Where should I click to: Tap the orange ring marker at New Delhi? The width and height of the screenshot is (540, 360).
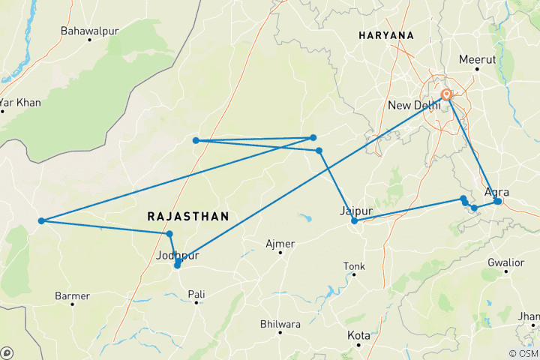(x=447, y=94)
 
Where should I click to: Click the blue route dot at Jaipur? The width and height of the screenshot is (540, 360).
(x=354, y=220)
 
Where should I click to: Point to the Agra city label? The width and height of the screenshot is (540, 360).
(x=497, y=192)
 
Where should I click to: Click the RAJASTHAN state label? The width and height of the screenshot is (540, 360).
(x=187, y=216)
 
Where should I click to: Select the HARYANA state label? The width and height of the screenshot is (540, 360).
(x=386, y=35)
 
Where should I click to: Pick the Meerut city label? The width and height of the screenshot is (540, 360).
(x=478, y=59)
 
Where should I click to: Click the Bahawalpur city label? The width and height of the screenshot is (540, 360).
(x=90, y=32)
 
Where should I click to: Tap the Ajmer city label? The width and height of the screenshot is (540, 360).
(x=280, y=244)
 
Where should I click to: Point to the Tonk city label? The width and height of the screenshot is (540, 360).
(x=354, y=266)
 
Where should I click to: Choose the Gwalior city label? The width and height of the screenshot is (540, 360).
(x=505, y=263)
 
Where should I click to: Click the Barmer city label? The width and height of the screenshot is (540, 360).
(x=73, y=296)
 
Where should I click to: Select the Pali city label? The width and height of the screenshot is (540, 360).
(x=196, y=294)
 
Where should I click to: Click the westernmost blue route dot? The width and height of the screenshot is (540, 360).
(x=42, y=220)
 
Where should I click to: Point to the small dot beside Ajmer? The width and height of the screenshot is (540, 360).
(x=280, y=253)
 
